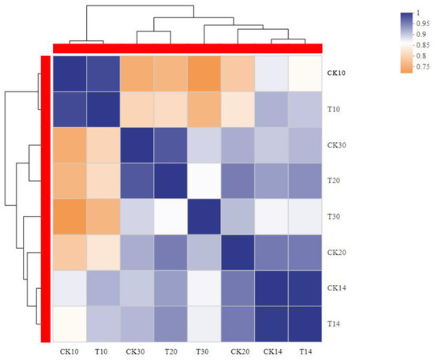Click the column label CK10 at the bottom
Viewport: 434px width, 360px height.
pos(69,350)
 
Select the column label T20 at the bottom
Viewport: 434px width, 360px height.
pos(170,350)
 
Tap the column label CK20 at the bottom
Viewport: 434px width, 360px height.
pos(238,350)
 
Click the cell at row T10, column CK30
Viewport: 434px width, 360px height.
pos(137,109)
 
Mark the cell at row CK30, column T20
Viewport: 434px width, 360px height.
pos(170,145)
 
